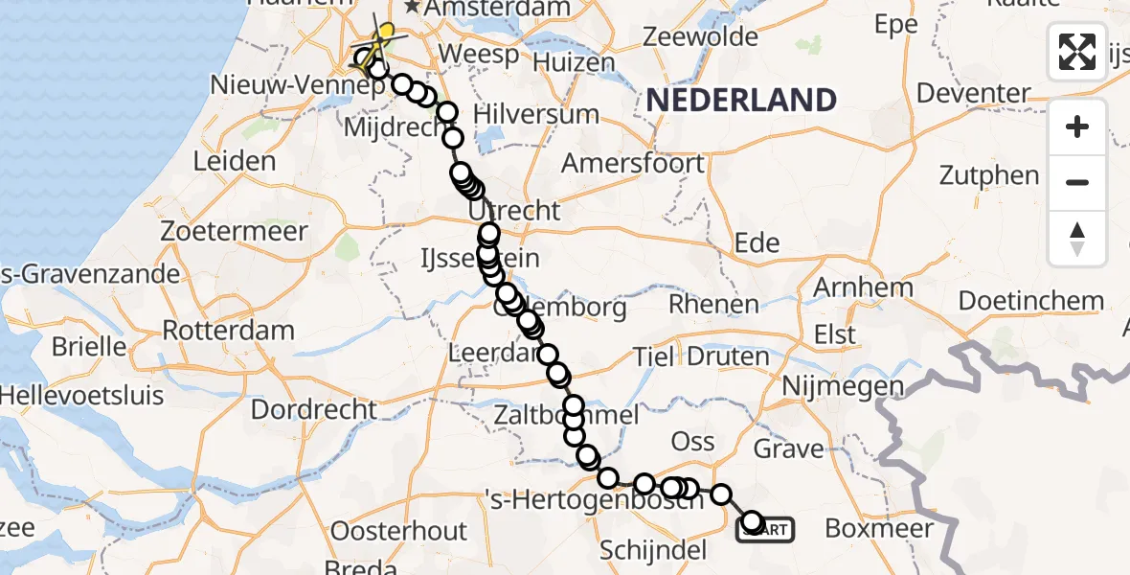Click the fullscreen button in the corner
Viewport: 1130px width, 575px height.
(1077, 52)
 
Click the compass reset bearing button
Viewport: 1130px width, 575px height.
(1077, 239)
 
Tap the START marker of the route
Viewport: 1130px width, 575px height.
(765, 528)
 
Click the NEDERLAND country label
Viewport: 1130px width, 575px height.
(741, 100)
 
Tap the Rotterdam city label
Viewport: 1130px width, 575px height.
(228, 332)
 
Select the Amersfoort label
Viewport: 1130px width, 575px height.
(633, 162)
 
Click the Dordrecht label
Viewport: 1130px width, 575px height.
(314, 410)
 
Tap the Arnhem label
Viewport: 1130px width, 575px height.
(862, 287)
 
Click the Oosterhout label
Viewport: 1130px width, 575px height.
(399, 531)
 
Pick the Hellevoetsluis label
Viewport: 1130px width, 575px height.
(81, 394)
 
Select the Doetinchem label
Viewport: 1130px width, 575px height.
(1030, 300)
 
